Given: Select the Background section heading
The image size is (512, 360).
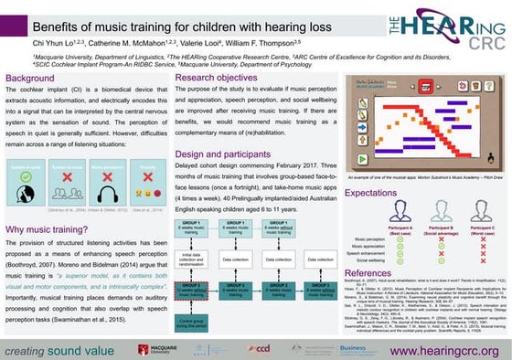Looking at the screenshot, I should [x=32, y=79].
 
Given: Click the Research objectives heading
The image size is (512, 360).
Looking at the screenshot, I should [x=219, y=79].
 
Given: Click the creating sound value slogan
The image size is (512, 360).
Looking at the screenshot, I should [x=62, y=350].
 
